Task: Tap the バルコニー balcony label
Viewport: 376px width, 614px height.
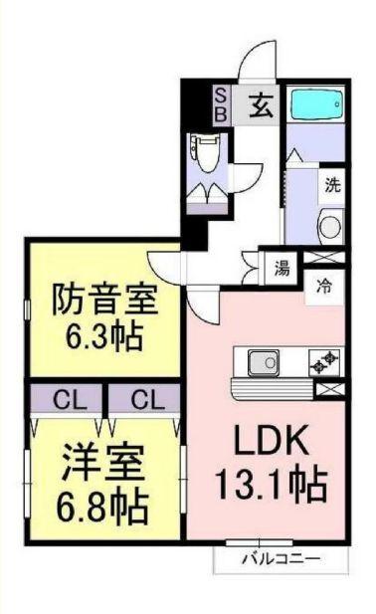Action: click(x=282, y=559)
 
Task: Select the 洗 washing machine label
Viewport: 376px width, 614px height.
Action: click(x=333, y=183)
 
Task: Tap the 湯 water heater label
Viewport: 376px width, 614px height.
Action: click(x=281, y=268)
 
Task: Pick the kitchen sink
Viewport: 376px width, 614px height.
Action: click(x=264, y=361)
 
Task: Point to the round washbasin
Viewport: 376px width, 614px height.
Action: click(x=330, y=223)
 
